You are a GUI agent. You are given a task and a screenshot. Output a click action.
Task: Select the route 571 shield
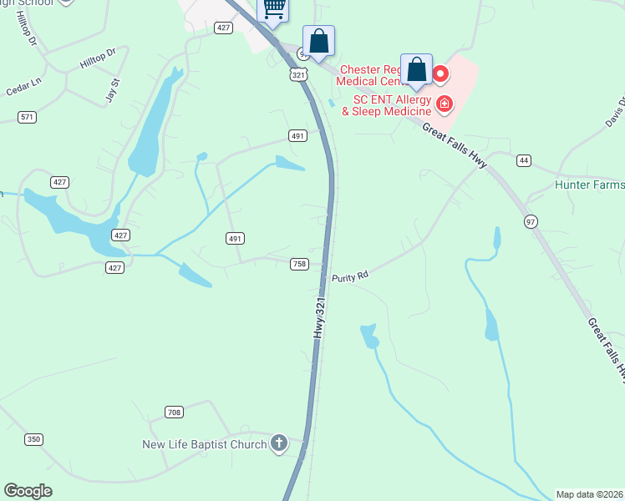point(28,117)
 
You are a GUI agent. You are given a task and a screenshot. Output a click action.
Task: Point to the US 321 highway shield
point(298,74)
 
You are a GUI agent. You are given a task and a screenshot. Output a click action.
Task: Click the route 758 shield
point(299,264)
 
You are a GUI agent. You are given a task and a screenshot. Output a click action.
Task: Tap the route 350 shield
point(33,439)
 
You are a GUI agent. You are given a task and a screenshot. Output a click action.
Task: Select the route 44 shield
point(524,159)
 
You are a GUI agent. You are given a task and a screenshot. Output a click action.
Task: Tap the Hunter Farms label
point(589,185)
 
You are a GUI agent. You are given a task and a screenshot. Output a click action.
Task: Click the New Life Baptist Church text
point(205,444)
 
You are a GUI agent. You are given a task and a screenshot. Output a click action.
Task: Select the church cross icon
point(279,443)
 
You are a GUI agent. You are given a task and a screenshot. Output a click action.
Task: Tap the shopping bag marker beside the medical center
point(416,70)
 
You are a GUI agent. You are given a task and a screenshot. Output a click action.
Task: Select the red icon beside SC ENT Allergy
point(445,104)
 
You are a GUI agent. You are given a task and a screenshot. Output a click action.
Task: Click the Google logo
point(28,491)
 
